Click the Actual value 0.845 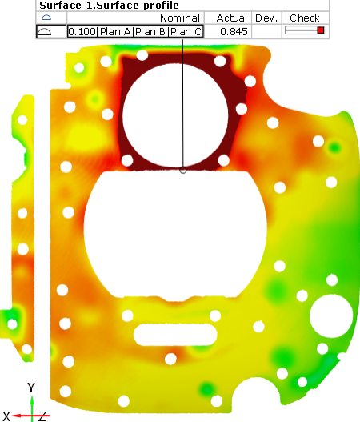click(x=234, y=32)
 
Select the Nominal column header click(x=180, y=18)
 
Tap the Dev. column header click(x=266, y=18)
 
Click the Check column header click(x=305, y=18)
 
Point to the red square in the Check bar click(x=320, y=30)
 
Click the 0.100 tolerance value click(x=82, y=32)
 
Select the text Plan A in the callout click(x=115, y=32)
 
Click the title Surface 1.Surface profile click(x=109, y=6)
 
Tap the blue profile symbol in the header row click(x=46, y=18)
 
